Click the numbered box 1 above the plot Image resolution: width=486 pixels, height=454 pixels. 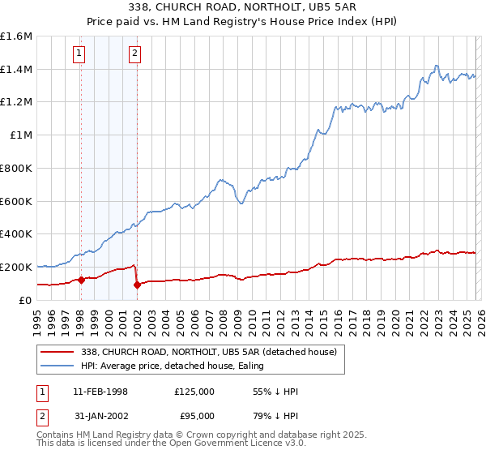point(79,54)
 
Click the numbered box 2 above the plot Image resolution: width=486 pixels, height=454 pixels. point(134,54)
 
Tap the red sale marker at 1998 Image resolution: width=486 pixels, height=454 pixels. point(81,280)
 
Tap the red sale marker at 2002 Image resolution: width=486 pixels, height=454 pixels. point(138,285)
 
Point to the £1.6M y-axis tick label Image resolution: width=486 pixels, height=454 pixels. point(16,36)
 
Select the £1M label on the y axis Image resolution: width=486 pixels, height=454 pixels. point(21,135)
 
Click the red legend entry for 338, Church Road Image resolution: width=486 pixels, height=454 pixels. point(212,351)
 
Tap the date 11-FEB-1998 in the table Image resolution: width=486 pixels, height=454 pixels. point(98,392)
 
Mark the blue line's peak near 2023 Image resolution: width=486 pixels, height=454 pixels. point(437,66)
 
